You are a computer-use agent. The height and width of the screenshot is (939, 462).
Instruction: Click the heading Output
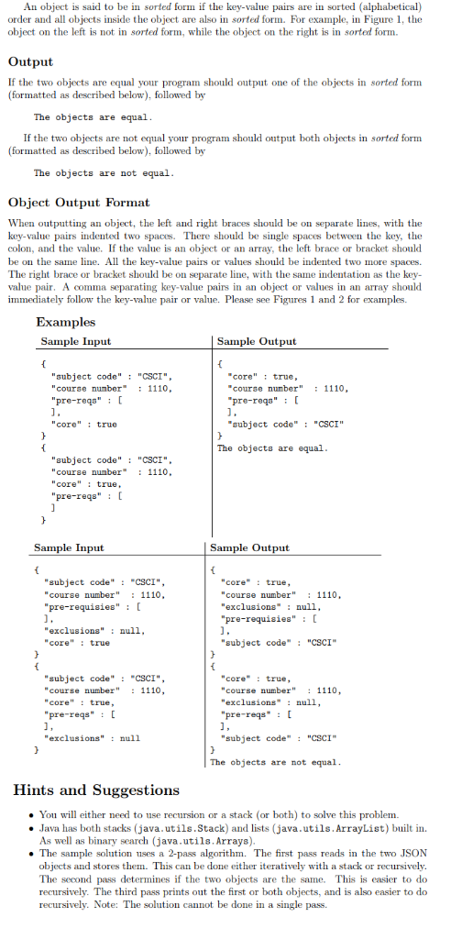pos(30,61)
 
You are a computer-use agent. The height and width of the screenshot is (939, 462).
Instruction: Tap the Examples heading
pos(66,322)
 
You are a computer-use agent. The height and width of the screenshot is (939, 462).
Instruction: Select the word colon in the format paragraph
pos(23,249)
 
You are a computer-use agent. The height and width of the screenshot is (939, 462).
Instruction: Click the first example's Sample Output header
pos(257,341)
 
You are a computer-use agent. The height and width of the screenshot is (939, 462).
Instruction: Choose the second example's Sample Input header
pos(69,547)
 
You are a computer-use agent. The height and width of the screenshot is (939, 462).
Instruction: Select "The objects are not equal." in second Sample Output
pos(275,762)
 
